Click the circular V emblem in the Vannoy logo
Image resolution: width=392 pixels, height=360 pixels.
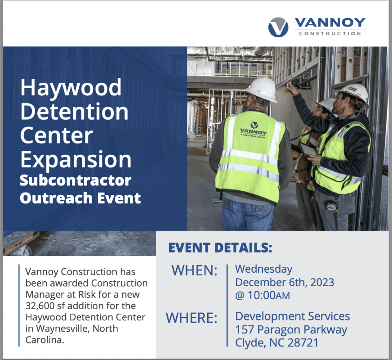point(278,27)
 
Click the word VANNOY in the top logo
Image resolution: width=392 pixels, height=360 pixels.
point(330,22)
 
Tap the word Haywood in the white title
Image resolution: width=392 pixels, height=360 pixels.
point(71,88)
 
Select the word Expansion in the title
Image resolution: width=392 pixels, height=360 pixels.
point(76,160)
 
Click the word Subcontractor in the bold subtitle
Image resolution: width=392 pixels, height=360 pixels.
point(76,180)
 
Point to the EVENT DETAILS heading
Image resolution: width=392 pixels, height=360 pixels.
point(220,247)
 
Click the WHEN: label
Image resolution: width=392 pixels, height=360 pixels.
point(195,270)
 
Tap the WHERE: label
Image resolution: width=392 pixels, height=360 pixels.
point(192,318)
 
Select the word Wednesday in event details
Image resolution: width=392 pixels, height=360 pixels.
point(264,270)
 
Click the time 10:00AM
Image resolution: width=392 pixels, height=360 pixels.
point(269,296)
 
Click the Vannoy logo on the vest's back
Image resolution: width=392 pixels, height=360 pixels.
point(254,130)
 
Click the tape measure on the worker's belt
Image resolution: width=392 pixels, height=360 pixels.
point(331,206)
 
